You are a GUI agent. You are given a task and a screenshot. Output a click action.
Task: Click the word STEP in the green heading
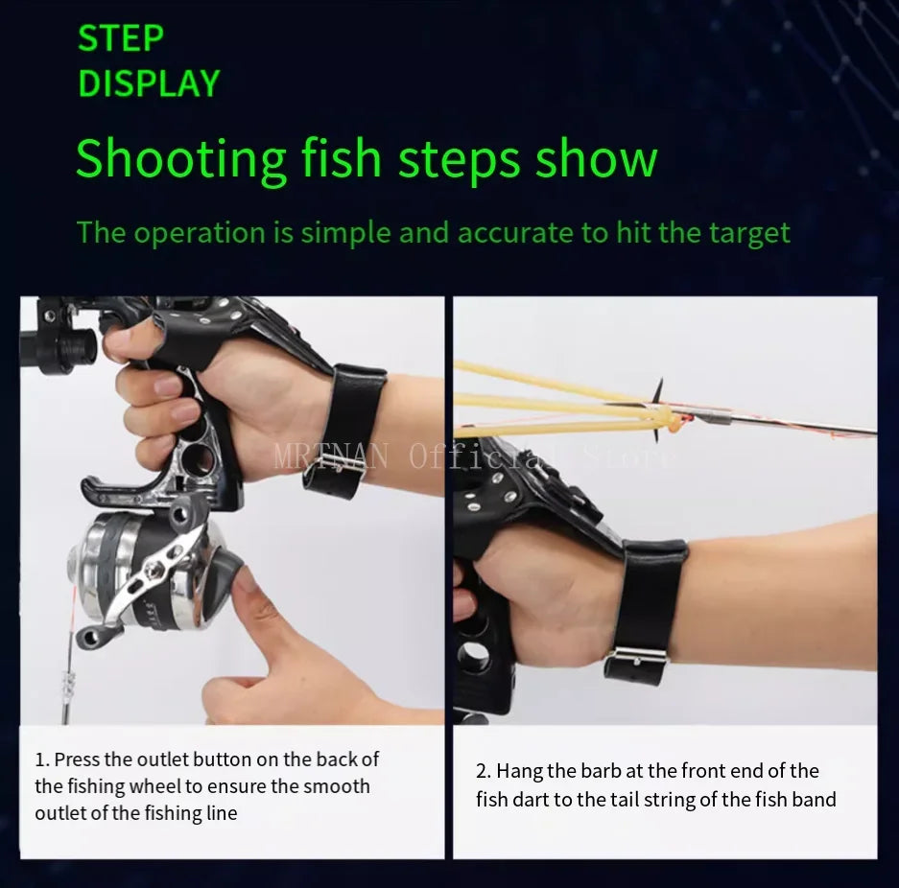[x=121, y=38]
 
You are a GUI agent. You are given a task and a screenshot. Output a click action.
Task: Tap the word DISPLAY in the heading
[x=149, y=84]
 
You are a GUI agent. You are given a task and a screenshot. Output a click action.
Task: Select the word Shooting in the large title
[x=181, y=159]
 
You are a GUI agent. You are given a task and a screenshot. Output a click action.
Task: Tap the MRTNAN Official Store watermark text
[x=474, y=456]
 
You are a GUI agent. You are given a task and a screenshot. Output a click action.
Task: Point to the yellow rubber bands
[x=537, y=403]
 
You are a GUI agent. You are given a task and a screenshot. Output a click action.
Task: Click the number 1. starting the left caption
[x=42, y=759]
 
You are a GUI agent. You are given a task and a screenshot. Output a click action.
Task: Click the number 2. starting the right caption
[x=484, y=771]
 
